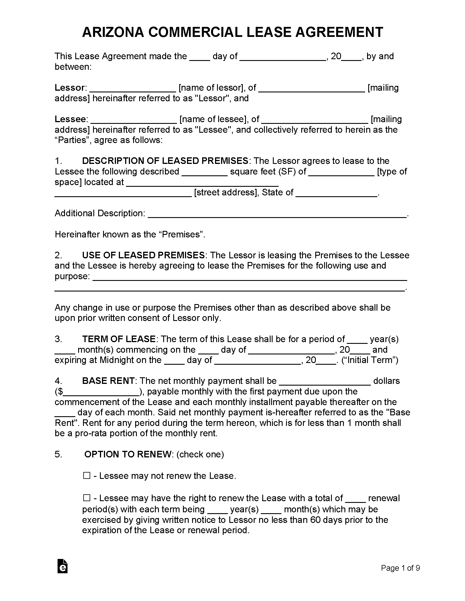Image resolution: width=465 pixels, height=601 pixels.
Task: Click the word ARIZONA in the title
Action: pyautogui.click(x=113, y=32)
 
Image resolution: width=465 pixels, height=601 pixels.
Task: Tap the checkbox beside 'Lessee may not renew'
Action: pyautogui.click(x=87, y=476)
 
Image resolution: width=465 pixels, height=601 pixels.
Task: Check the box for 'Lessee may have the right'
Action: pyautogui.click(x=87, y=498)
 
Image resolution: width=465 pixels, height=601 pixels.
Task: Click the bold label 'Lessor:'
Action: pyautogui.click(x=70, y=88)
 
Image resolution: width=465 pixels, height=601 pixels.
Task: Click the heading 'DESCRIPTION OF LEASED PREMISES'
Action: pyautogui.click(x=165, y=161)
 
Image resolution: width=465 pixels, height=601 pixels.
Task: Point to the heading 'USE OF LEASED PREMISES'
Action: pyautogui.click(x=143, y=255)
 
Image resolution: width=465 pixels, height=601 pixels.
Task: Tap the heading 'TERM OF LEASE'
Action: pyautogui.click(x=119, y=339)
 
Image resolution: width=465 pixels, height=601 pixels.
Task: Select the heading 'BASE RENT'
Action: pyautogui.click(x=108, y=381)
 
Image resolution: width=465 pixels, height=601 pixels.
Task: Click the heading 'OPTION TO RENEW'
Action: pyautogui.click(x=128, y=454)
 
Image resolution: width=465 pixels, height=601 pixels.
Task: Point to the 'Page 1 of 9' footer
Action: pyautogui.click(x=400, y=568)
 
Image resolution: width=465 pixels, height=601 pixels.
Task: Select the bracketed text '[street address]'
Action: pyautogui.click(x=225, y=193)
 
